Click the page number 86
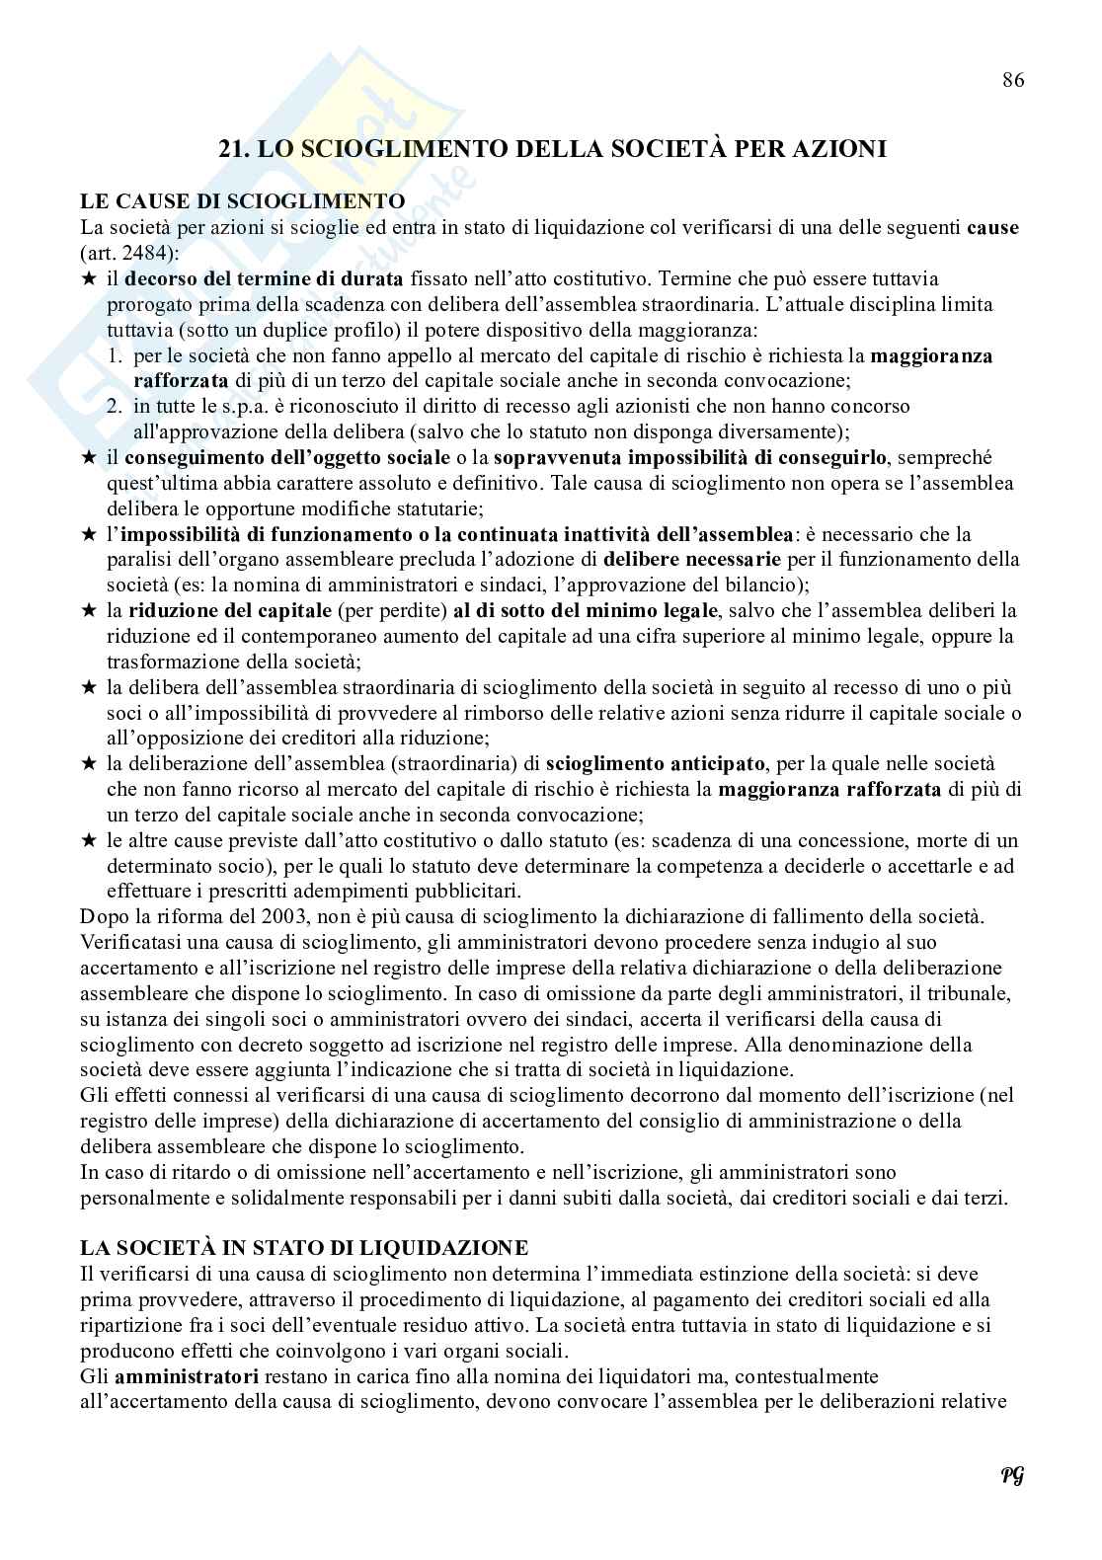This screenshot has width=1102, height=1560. (x=1013, y=80)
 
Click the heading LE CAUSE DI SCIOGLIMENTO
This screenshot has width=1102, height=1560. (x=243, y=201)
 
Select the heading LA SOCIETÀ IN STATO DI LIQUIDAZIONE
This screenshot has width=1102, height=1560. (x=304, y=1247)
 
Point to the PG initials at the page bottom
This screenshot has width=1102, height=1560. (x=1011, y=1476)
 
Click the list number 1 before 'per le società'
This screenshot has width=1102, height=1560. (x=115, y=355)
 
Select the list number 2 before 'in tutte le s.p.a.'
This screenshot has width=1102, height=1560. (x=115, y=406)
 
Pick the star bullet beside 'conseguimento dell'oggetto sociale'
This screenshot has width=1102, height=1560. (x=89, y=458)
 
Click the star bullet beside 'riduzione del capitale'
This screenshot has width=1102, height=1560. (x=89, y=611)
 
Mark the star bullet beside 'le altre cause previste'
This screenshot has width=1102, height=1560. (x=89, y=841)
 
